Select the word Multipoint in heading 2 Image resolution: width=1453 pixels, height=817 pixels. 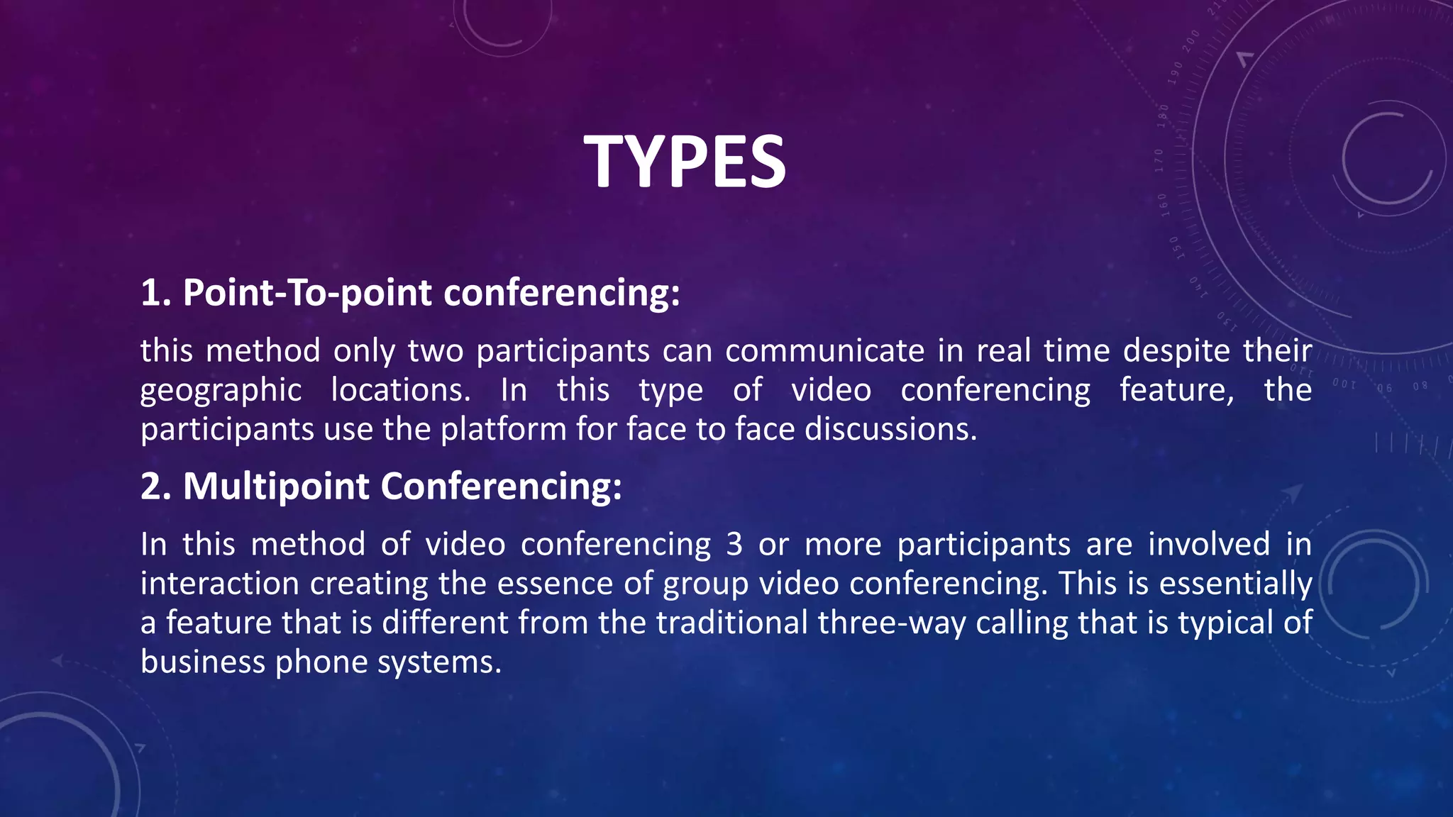[276, 487]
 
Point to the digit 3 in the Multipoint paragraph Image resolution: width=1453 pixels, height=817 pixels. [734, 545]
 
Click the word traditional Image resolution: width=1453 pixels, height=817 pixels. [731, 623]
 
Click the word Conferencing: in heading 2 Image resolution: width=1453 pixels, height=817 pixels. [501, 487]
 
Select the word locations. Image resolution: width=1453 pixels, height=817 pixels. [401, 391]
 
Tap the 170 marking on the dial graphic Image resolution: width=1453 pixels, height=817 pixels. [1159, 160]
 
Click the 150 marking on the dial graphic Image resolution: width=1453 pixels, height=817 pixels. [1174, 248]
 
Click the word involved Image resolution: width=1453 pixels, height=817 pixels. [1209, 545]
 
